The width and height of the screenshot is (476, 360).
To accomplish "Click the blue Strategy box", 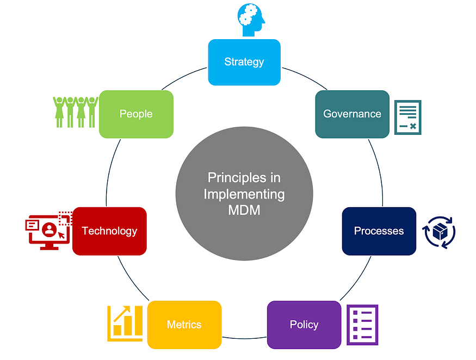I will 244,62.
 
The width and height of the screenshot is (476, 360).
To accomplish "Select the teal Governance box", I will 352,114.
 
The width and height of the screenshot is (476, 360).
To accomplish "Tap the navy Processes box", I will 379,231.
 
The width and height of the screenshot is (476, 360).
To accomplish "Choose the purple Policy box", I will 304,325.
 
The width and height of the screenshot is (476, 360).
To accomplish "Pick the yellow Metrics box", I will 184,325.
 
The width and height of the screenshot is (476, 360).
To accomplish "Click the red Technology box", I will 109,231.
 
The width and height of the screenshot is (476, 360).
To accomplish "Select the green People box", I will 136,114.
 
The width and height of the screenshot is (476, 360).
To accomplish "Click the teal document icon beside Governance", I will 407,117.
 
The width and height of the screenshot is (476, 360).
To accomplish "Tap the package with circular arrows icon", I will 439,233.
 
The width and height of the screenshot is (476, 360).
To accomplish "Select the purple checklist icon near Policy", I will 362,324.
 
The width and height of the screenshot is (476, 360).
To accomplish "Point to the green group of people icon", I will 75,111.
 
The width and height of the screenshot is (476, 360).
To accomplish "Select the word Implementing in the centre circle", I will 244,194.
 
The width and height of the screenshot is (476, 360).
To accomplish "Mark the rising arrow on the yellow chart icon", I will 121,314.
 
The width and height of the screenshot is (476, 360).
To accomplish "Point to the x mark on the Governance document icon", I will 413,126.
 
